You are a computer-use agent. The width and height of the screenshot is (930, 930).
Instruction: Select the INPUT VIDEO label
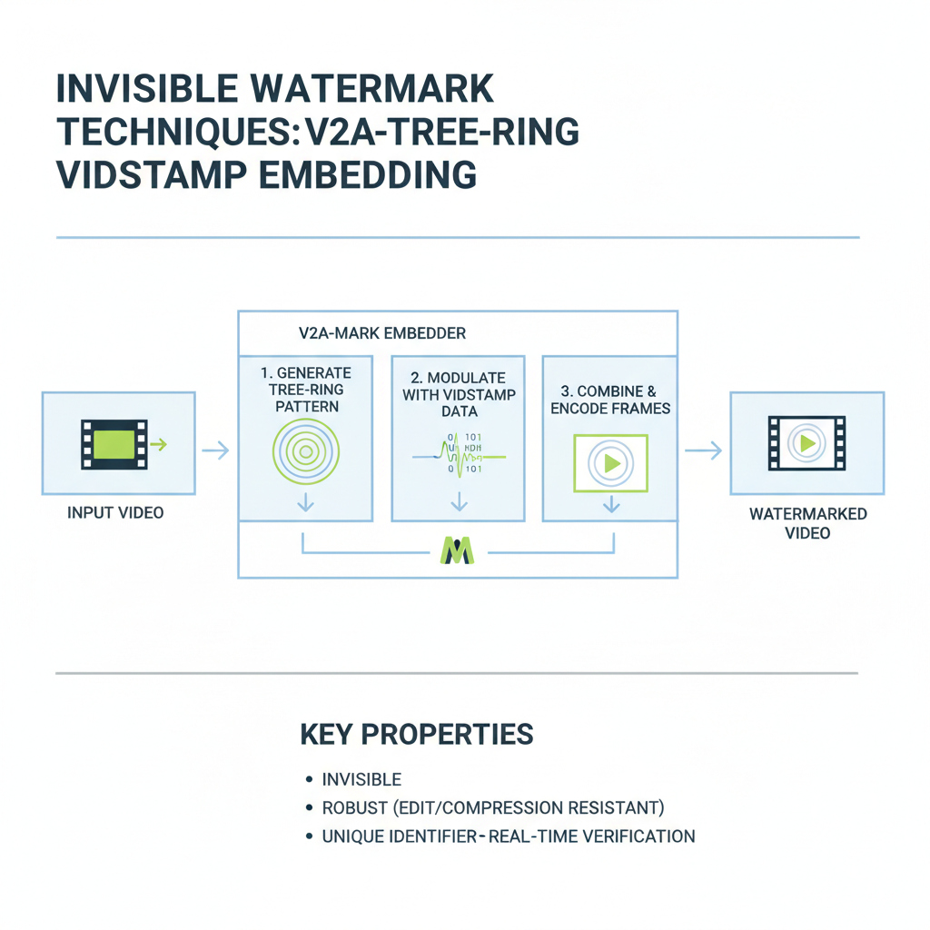[x=115, y=513]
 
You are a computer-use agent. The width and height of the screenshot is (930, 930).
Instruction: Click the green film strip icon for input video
[x=114, y=444]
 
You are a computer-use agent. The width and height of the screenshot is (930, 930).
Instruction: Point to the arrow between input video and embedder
[x=215, y=450]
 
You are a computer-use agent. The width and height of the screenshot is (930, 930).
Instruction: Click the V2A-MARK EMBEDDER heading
[x=381, y=333]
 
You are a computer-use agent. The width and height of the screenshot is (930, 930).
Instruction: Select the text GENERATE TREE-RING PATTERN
[x=306, y=389]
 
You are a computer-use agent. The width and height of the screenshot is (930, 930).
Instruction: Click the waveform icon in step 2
[x=459, y=453]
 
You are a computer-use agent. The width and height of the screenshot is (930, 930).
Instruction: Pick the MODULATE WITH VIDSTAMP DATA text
[x=459, y=394]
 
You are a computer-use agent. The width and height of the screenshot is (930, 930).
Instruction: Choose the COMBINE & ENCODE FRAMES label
[x=610, y=400]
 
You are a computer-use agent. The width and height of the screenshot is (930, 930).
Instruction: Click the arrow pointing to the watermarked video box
[x=703, y=450]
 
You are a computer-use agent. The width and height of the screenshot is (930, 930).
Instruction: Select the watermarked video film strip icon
[x=806, y=443]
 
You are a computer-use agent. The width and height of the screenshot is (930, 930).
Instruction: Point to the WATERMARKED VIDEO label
[x=807, y=523]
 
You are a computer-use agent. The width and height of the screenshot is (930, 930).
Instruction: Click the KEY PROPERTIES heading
[x=416, y=735]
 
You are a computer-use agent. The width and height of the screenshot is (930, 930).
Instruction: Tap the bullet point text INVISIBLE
[x=361, y=779]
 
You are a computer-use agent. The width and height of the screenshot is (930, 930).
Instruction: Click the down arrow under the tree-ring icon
[x=306, y=502]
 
